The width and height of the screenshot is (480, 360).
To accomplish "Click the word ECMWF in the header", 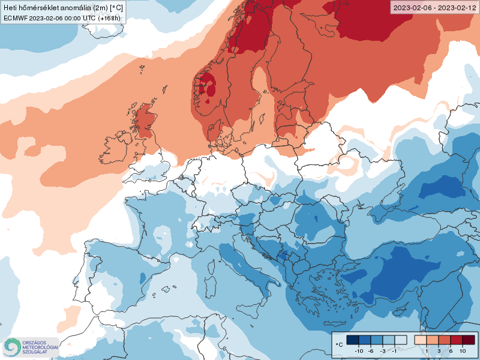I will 14,18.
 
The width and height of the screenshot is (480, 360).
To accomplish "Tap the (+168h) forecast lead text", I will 110,18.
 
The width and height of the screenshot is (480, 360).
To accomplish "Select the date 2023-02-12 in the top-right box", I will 456,8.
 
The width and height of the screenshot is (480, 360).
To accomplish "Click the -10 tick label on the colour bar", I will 360,351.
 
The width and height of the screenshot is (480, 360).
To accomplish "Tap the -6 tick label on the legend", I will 371,351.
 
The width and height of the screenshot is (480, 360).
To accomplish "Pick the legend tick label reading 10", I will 463,351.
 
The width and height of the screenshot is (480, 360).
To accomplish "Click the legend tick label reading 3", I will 439,351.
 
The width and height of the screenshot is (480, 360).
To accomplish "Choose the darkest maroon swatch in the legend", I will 468,340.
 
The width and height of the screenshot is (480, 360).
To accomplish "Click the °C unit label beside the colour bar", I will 339,344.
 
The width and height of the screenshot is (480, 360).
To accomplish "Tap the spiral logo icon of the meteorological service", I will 11,347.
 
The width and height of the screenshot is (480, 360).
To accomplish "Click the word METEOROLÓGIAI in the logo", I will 40,347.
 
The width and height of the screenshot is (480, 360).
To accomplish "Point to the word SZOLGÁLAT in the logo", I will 35,352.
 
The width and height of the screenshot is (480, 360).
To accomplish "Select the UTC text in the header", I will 88,18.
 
